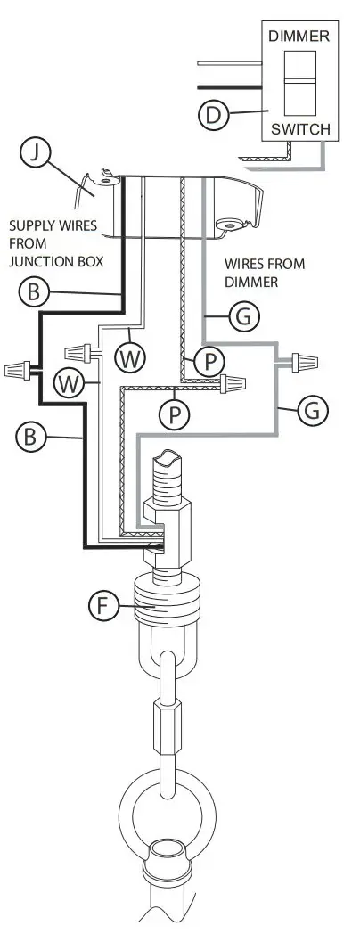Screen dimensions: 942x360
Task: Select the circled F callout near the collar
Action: (x=104, y=606)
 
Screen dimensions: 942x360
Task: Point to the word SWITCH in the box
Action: (x=299, y=129)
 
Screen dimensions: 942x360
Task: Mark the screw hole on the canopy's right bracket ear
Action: (x=229, y=226)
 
